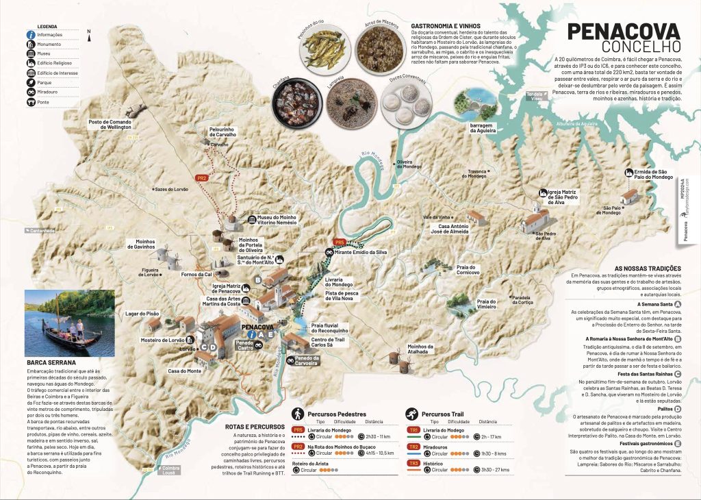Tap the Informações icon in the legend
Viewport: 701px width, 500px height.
pos(31,34)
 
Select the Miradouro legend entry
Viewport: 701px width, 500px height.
pos(31,92)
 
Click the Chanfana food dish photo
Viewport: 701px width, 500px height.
pos(296,102)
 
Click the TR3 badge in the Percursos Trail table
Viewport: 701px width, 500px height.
pos(414,464)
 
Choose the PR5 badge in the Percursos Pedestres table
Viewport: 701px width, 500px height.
pos(298,430)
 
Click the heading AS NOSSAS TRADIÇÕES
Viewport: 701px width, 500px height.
pos(647,268)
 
